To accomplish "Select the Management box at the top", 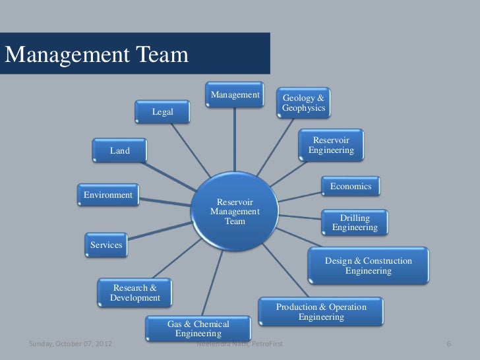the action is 235,96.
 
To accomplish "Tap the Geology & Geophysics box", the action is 304,102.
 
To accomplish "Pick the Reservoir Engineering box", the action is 331,146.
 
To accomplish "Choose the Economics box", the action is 351,187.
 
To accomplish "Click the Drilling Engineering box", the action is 355,223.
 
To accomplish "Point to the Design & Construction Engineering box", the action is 368,266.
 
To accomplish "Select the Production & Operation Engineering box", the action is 320,312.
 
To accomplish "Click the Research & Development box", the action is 135,293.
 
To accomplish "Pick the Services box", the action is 106,245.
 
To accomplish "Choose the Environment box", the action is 107,195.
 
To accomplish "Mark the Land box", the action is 120,151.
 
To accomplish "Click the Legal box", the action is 162,112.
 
